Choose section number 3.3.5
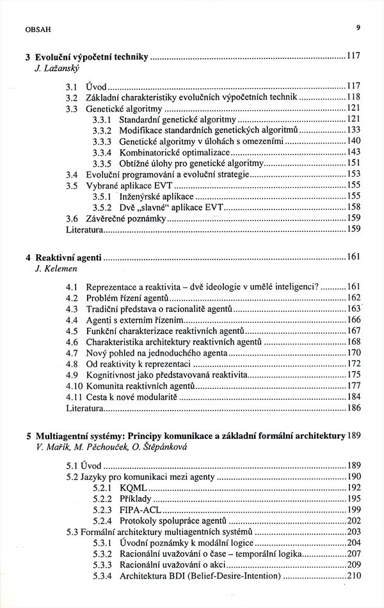point(102,163)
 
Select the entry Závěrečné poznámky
point(125,218)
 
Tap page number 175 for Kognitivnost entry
point(354,375)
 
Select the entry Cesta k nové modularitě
point(131,397)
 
